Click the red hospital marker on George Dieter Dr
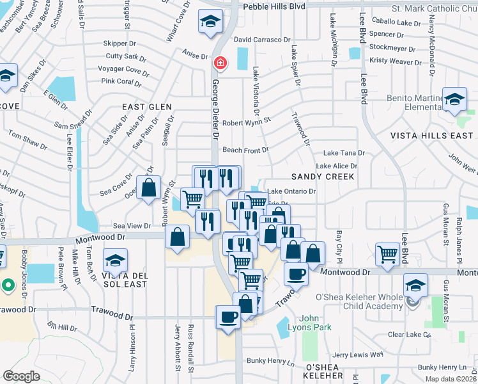tap(220, 63)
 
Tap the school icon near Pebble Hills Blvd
tap(209, 20)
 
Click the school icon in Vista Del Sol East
tap(116, 261)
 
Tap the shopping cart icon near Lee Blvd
tap(387, 254)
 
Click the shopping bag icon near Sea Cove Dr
tap(149, 188)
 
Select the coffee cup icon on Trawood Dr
tap(229, 317)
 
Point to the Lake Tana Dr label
tap(344, 153)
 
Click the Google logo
tap(22, 376)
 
